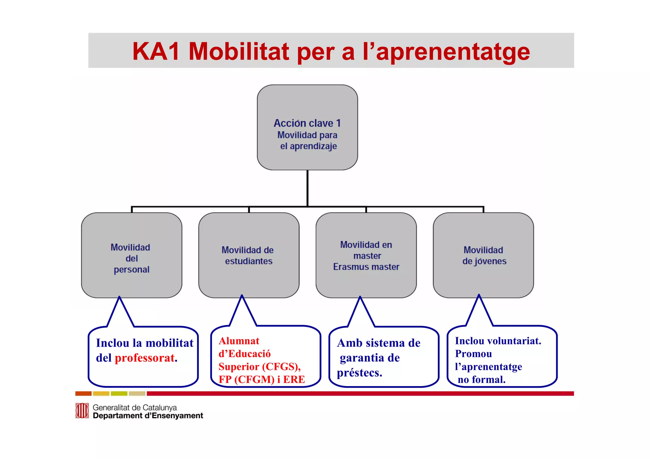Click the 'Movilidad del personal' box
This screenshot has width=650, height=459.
(x=131, y=255)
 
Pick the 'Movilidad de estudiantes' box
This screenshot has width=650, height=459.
(x=249, y=255)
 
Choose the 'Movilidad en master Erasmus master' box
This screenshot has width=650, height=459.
(x=366, y=255)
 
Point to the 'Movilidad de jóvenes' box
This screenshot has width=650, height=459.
(x=483, y=255)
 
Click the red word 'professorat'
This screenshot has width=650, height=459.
(x=145, y=358)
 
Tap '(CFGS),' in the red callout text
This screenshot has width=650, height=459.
(x=281, y=367)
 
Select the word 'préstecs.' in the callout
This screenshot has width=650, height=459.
(x=359, y=372)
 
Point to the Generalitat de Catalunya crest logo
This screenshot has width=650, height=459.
(x=82, y=411)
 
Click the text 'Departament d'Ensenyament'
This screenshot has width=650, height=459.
(x=148, y=416)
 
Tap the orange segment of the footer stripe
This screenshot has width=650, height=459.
(x=83, y=394)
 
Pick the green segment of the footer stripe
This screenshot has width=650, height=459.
(x=119, y=394)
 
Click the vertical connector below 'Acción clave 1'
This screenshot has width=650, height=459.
(x=307, y=188)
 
